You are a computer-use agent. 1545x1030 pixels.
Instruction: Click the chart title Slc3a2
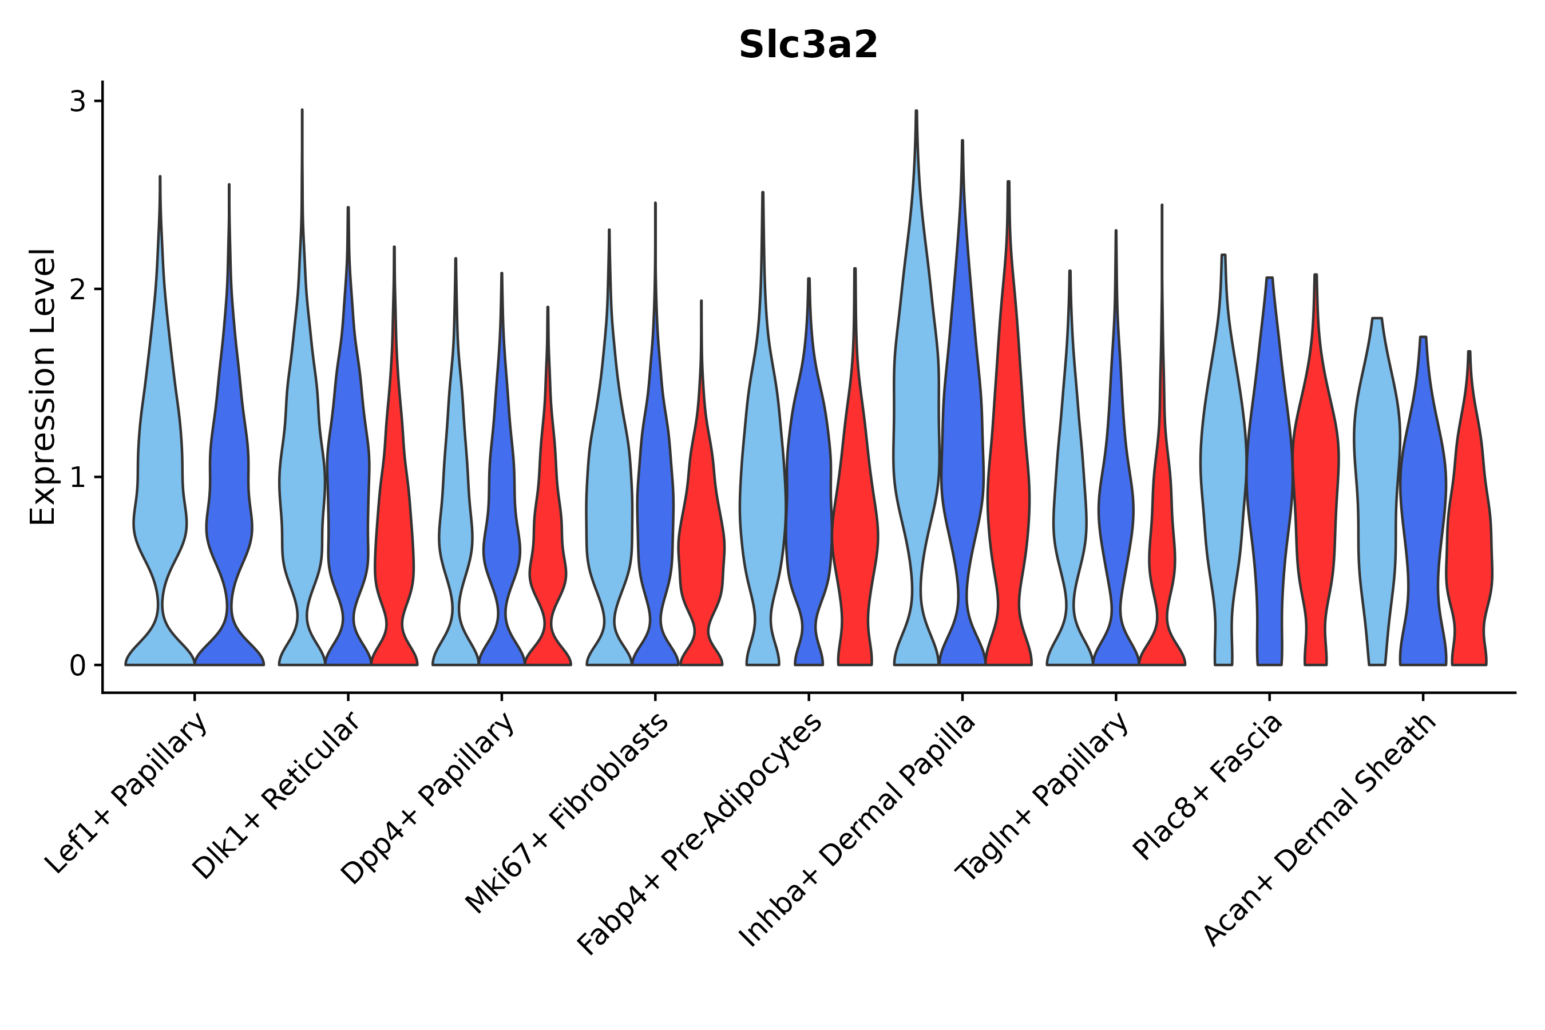click(807, 45)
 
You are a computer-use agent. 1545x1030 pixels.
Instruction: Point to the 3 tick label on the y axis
click(77, 102)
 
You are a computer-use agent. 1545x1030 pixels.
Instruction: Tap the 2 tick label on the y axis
click(77, 290)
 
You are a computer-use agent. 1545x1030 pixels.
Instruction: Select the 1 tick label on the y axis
click(77, 478)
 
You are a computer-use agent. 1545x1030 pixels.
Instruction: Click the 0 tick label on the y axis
click(77, 666)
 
